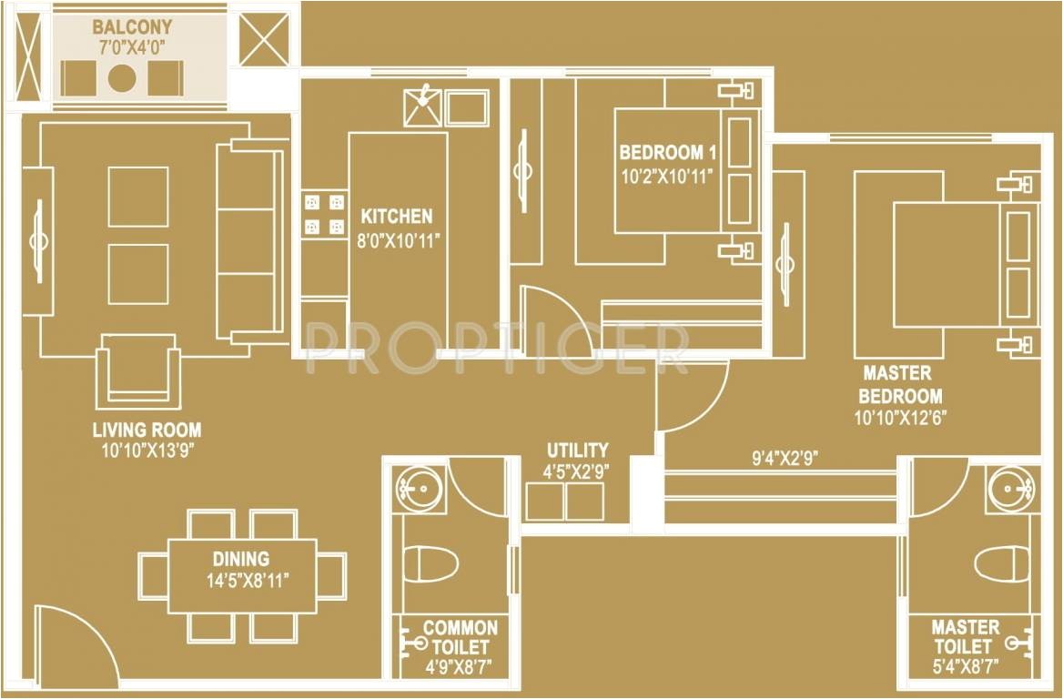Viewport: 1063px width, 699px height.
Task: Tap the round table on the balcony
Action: [122, 78]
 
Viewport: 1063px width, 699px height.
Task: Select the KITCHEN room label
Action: [397, 217]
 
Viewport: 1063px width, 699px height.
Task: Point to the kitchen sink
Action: [422, 106]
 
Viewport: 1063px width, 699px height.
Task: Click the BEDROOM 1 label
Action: [662, 153]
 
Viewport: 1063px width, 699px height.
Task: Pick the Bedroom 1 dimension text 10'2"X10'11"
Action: [664, 177]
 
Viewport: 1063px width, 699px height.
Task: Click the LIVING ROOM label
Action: [147, 430]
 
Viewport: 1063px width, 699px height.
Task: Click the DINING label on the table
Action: [241, 559]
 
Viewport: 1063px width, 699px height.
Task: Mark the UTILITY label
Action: [577, 450]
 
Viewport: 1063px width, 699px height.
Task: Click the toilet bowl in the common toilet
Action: [430, 563]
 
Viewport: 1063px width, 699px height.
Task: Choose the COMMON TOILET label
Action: [461, 637]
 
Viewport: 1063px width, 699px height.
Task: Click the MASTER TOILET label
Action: [965, 637]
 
